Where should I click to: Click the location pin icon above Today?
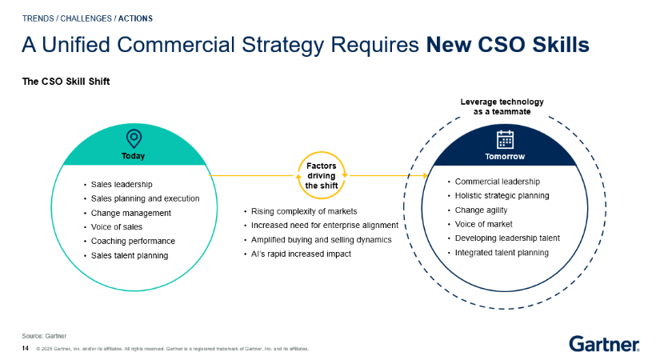(x=134, y=138)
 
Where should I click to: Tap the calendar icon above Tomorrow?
(x=505, y=139)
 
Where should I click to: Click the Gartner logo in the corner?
(x=605, y=343)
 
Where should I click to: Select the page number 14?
(x=26, y=348)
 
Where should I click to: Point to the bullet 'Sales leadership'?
(x=122, y=185)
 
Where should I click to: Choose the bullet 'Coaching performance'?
(x=133, y=241)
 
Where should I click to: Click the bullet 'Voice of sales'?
(x=117, y=227)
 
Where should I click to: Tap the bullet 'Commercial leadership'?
(x=497, y=182)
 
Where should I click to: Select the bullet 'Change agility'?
(x=481, y=210)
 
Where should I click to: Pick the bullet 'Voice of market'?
(x=484, y=224)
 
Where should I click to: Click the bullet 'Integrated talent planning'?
(x=502, y=253)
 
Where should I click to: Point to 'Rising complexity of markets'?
(x=304, y=211)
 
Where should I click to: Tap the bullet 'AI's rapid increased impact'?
(x=301, y=254)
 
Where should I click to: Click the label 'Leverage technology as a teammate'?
(x=502, y=106)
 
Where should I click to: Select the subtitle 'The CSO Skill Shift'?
(x=66, y=82)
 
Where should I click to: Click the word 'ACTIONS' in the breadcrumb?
(x=135, y=18)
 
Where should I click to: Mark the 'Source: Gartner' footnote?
(x=44, y=336)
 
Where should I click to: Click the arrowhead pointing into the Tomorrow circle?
(x=425, y=175)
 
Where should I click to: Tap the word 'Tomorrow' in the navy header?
(x=505, y=157)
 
